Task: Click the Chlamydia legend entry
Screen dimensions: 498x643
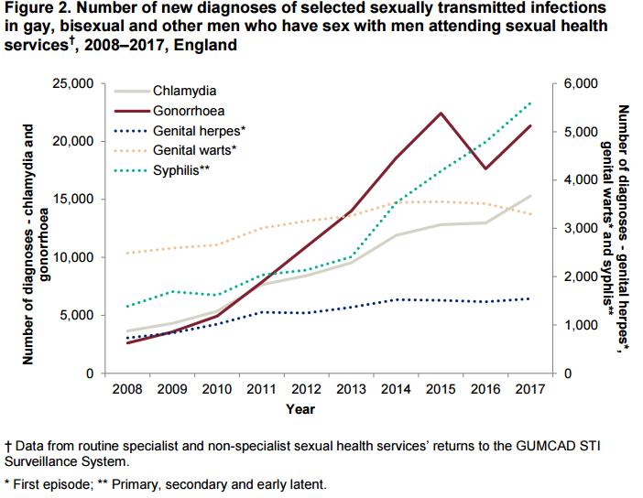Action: pyautogui.click(x=191, y=92)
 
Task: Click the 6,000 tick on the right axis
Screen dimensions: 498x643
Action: pyautogui.click(x=580, y=84)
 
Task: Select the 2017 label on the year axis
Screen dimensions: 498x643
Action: pyautogui.click(x=529, y=388)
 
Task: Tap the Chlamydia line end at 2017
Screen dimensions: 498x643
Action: pyautogui.click(x=529, y=196)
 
